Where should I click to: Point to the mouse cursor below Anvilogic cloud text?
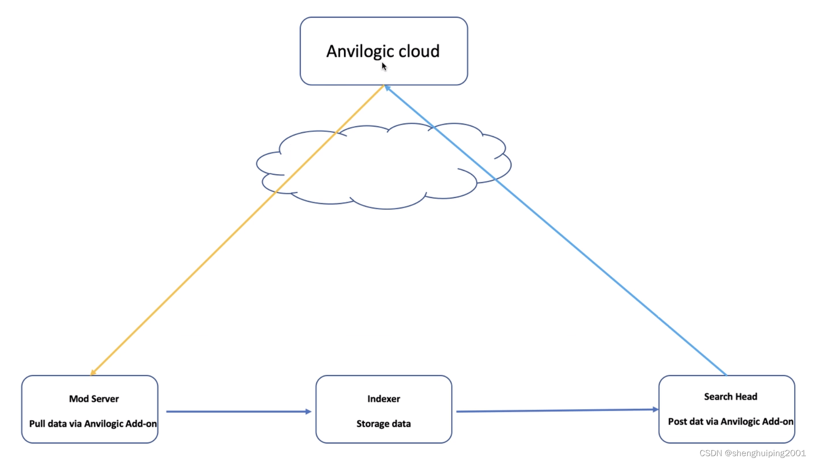(x=384, y=67)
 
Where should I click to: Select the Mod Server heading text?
(x=94, y=399)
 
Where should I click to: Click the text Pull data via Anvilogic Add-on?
(x=93, y=424)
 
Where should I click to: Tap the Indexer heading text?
(x=384, y=399)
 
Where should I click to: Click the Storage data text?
(x=384, y=424)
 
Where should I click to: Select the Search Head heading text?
(x=730, y=396)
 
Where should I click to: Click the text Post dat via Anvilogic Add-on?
(x=730, y=421)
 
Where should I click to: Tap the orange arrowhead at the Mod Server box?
(x=93, y=372)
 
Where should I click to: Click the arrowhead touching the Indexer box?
(x=308, y=411)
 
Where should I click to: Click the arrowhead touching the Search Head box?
(x=655, y=409)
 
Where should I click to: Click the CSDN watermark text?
(x=752, y=453)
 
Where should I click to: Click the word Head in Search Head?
(x=746, y=396)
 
